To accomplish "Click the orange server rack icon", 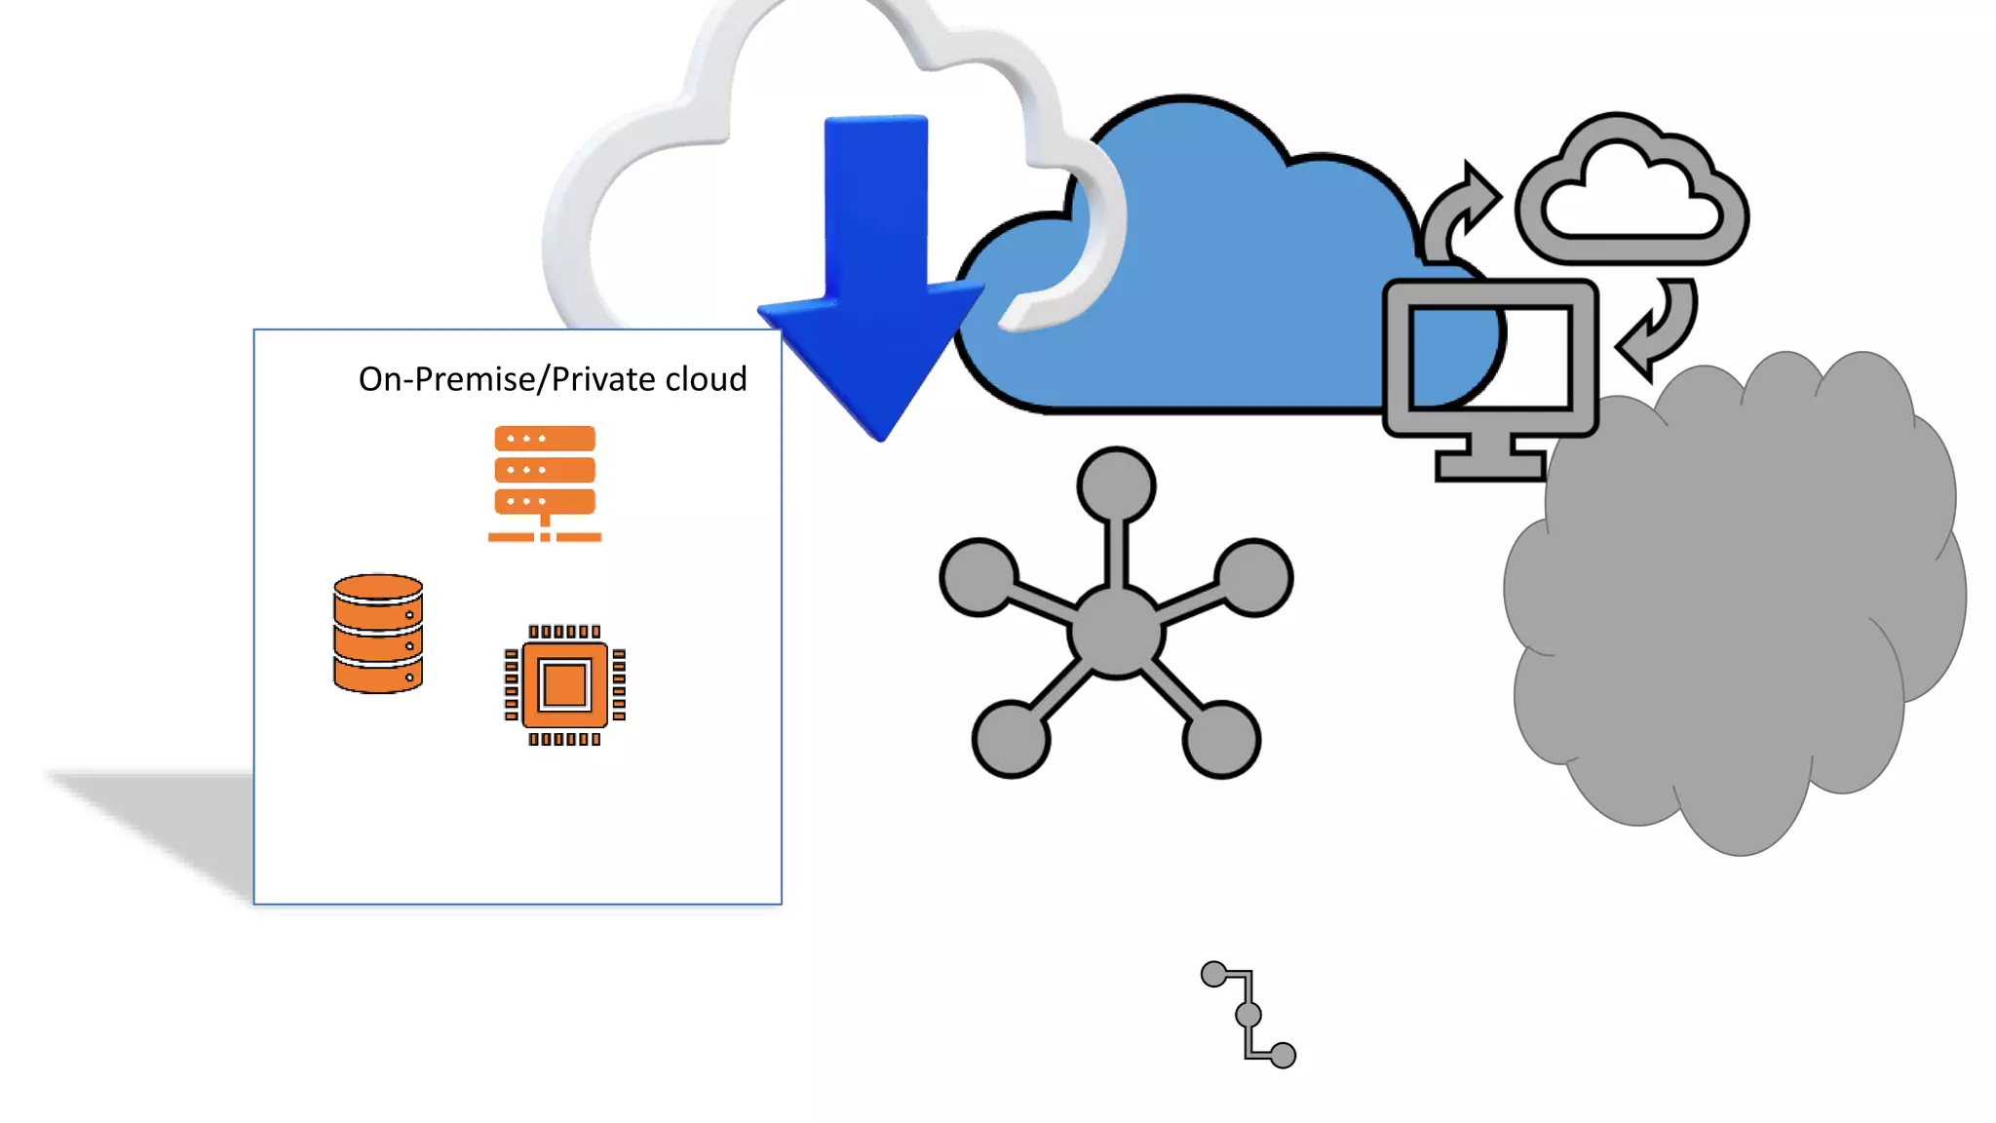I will point(545,483).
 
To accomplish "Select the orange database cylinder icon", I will point(378,634).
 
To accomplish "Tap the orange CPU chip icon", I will point(564,685).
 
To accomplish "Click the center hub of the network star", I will point(1116,632).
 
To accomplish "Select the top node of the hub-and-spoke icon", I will point(1117,485).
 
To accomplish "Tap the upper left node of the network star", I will point(979,577).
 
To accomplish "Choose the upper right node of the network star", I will point(1254,577).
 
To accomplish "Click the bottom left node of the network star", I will point(1011,738).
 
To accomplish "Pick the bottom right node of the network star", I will point(1221,738).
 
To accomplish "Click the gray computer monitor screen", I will point(1489,358).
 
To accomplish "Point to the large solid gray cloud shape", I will point(1735,604).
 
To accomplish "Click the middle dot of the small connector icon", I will point(1248,1015).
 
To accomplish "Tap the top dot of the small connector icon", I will point(1214,974).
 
